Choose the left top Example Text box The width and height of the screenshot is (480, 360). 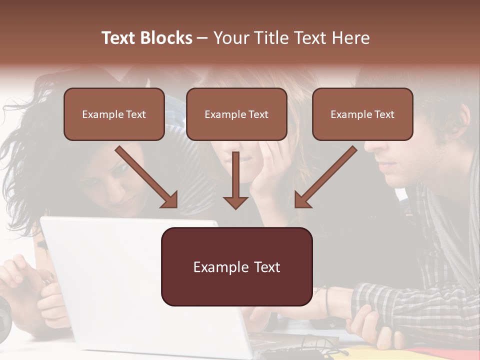click(x=114, y=114)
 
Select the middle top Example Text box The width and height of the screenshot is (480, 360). click(x=236, y=114)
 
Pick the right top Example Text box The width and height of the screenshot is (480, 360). click(x=362, y=114)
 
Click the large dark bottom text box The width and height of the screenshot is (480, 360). click(x=236, y=267)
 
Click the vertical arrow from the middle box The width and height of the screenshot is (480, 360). click(x=235, y=182)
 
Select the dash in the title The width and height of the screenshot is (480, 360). click(x=202, y=38)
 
